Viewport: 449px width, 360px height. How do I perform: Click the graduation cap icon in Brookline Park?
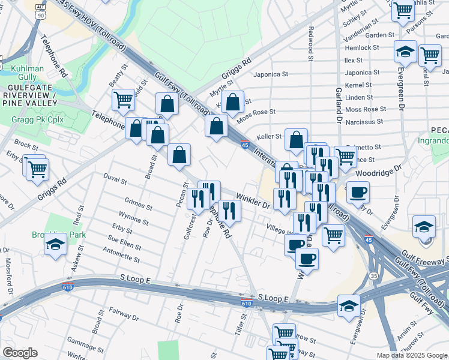56,244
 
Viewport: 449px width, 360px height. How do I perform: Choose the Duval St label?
115,180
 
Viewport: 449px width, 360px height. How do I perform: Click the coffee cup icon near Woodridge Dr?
358,192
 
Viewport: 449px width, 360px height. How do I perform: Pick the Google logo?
20,353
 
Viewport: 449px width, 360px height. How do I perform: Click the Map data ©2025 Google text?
411,355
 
